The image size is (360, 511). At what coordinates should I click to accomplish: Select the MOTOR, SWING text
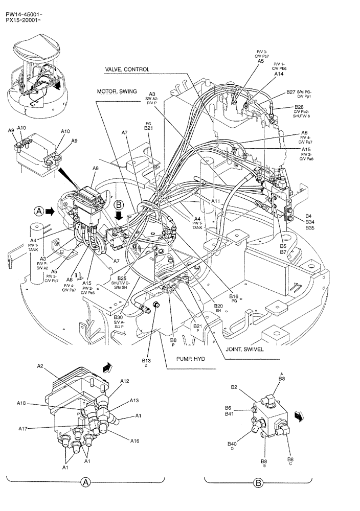coord(117,91)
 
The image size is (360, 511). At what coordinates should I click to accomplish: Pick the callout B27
coord(290,92)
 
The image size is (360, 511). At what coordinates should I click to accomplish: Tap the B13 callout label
coord(146,361)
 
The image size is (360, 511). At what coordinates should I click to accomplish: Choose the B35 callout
coord(310,228)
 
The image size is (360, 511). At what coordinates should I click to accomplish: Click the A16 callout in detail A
coord(135,440)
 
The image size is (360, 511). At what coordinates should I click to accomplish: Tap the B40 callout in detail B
coord(232,444)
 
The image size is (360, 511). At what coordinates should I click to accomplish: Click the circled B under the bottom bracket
coord(258,482)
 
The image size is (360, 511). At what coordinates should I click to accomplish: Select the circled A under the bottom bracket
coord(86,482)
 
